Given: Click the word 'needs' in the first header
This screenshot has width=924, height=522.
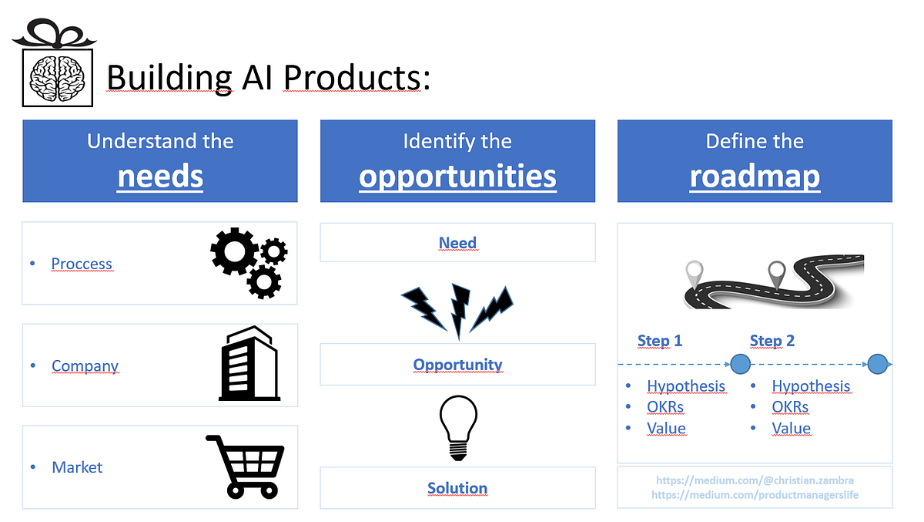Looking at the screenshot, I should [160, 177].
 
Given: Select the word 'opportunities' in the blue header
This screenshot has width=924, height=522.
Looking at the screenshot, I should [457, 177].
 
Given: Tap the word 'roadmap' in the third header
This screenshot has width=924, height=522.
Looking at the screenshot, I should [755, 177].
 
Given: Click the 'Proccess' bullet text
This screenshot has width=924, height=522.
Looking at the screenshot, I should [82, 264].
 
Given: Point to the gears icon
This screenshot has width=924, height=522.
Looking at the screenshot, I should [249, 262].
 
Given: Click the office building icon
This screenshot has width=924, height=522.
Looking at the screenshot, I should [249, 364].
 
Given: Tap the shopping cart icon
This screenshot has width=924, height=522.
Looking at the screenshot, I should [244, 466].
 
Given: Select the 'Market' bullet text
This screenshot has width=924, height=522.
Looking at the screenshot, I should [77, 467].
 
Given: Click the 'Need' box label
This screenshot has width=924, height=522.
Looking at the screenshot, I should [457, 243].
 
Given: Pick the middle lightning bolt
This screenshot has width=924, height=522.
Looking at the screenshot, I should [460, 310].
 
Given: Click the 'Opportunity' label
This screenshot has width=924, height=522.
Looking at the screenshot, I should [457, 365].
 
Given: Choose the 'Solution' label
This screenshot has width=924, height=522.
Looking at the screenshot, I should [457, 488].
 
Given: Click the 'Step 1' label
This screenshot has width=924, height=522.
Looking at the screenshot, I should [660, 341].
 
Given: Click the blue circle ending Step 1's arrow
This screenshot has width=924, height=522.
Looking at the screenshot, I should [740, 363].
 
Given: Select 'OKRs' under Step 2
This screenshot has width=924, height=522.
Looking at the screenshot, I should [790, 407].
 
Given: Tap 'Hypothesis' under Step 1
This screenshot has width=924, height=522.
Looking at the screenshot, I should [686, 386].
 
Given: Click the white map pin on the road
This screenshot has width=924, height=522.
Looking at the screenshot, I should [695, 272].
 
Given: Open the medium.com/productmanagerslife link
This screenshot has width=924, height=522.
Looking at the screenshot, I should [755, 495].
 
